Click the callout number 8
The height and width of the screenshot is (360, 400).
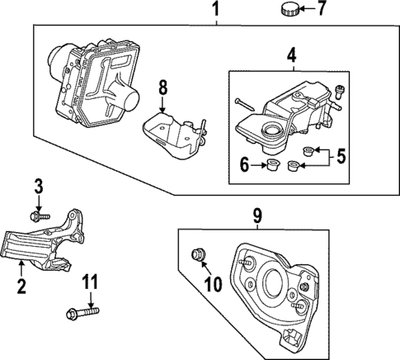tap(163, 85)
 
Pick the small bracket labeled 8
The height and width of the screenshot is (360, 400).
tap(172, 134)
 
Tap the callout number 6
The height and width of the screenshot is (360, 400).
tap(245, 165)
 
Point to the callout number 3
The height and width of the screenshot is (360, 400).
tap(37, 185)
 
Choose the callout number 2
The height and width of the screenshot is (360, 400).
tap(21, 287)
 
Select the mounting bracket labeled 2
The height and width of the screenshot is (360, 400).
tap(46, 244)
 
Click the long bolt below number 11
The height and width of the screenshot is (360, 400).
tap(81, 313)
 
